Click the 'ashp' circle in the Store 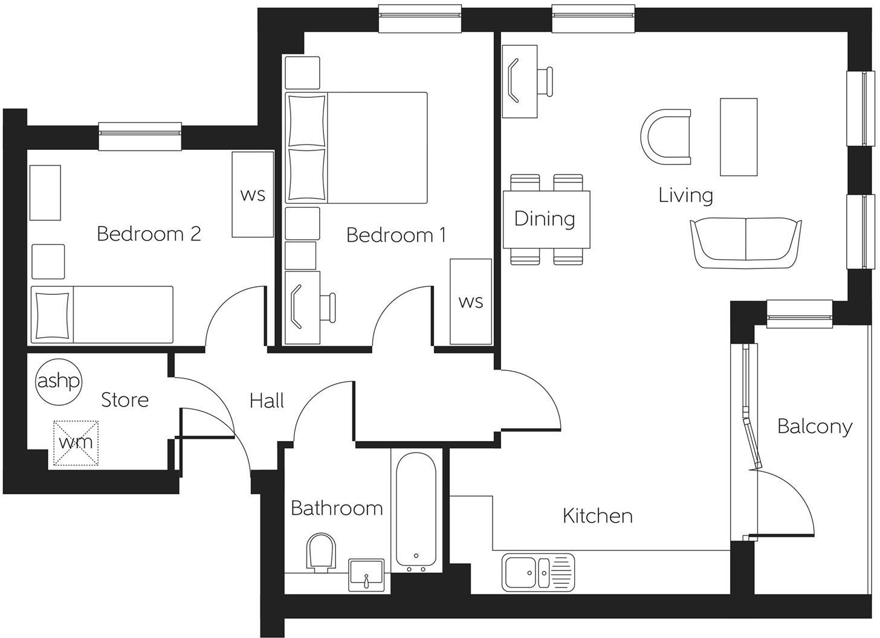click(x=59, y=382)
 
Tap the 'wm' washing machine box click(x=76, y=443)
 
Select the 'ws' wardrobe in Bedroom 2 click(x=253, y=195)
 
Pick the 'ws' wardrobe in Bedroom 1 click(x=471, y=301)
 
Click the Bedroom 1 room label click(x=396, y=235)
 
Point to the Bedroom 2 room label click(x=149, y=234)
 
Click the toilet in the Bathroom click(x=321, y=552)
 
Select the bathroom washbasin click(x=366, y=574)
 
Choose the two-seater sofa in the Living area click(x=746, y=243)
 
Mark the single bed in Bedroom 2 click(x=102, y=315)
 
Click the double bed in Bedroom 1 click(x=357, y=147)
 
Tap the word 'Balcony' click(x=815, y=427)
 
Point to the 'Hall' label click(x=267, y=401)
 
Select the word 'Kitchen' click(x=597, y=516)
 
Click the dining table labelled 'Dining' click(x=546, y=219)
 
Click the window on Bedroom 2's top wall click(x=140, y=136)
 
